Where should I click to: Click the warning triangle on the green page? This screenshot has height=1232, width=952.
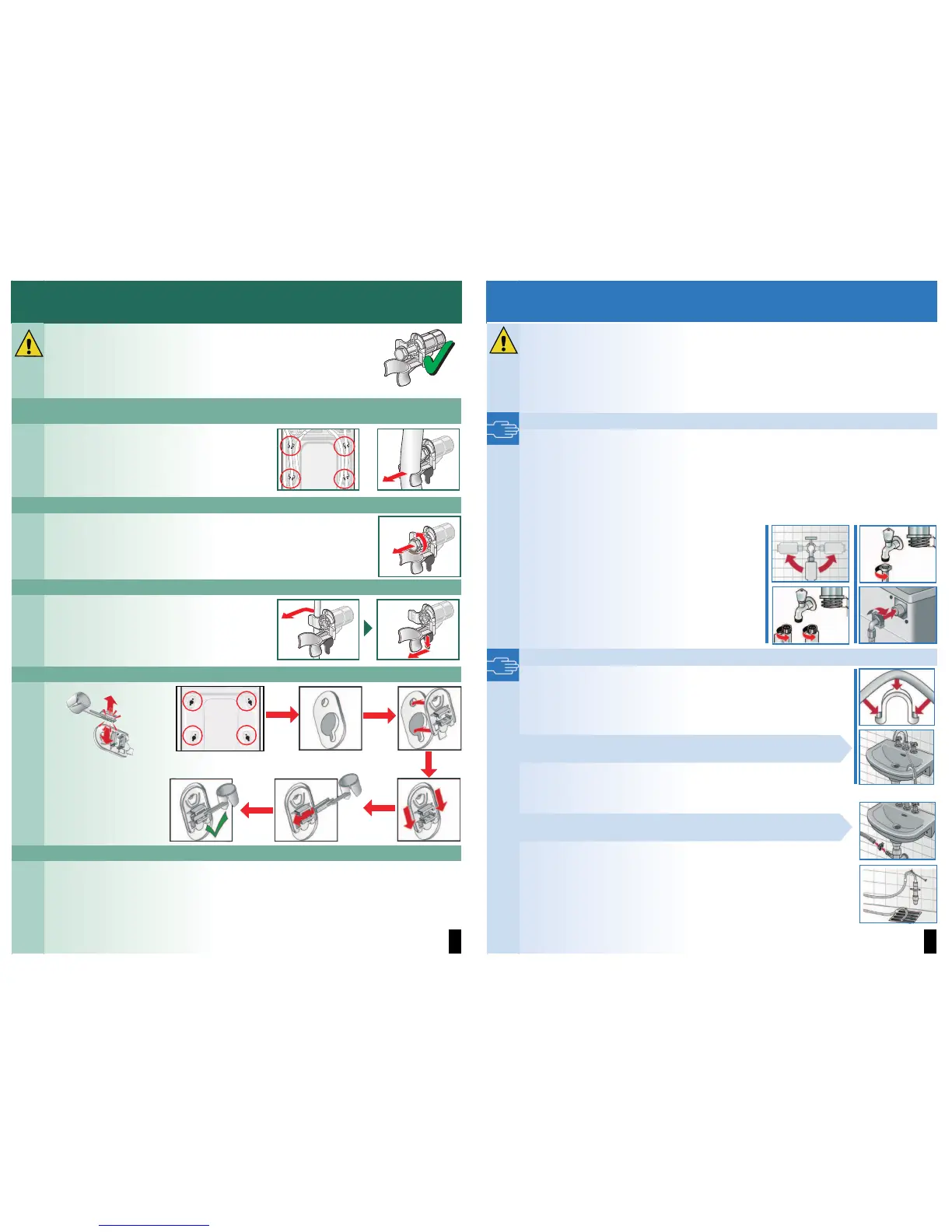[x=29, y=343]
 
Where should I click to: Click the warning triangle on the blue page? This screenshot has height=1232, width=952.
[x=503, y=340]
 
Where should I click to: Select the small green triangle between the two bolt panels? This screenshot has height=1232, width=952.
[x=369, y=628]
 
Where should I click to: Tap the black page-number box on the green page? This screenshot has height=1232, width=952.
[x=455, y=940]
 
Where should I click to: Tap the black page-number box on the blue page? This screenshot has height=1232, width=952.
[x=929, y=940]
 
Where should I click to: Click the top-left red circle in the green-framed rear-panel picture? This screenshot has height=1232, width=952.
[x=290, y=446]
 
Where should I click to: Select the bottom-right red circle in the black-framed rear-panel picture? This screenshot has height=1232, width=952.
[x=247, y=735]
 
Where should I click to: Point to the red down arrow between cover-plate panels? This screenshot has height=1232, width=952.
[x=428, y=764]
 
